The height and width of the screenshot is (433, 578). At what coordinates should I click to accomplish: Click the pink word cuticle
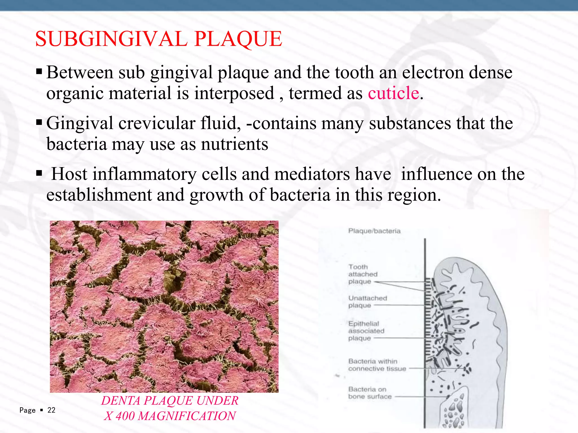pos(393,93)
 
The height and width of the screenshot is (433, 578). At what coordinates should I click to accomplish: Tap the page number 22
pos(51,410)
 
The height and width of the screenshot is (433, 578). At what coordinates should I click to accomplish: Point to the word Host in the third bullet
pos(69,174)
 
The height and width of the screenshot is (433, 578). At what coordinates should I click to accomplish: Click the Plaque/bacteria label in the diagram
pos(374,231)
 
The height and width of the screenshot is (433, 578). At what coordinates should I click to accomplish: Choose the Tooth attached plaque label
pos(363,274)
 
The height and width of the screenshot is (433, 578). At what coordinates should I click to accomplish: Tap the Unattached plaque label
pos(367,302)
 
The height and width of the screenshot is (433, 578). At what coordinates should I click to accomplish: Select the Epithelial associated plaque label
pos(366,331)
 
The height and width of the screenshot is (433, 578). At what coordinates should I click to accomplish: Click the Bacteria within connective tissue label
pos(377,365)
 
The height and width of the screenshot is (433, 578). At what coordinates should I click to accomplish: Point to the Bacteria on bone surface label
pos(370,393)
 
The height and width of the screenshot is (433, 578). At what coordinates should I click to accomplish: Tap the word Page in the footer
pos(27,410)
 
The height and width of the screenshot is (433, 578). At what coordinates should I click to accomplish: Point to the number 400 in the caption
pos(125,416)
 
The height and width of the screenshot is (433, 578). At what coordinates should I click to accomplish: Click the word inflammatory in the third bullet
pos(144,174)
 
